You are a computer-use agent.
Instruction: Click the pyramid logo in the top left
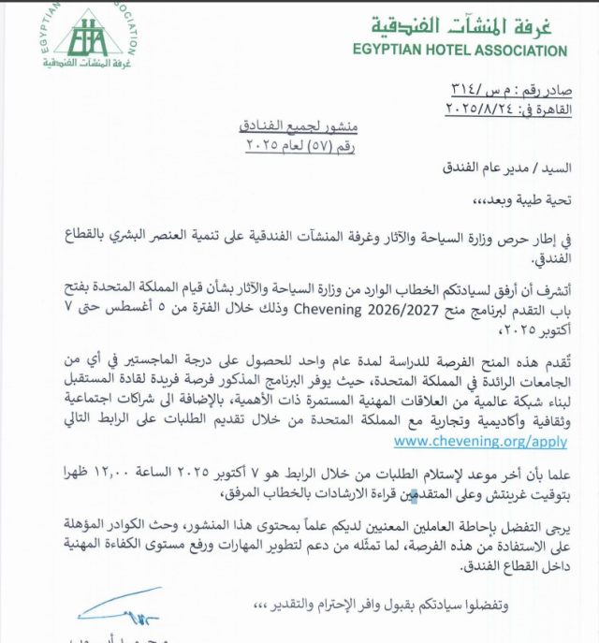tap(89, 38)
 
